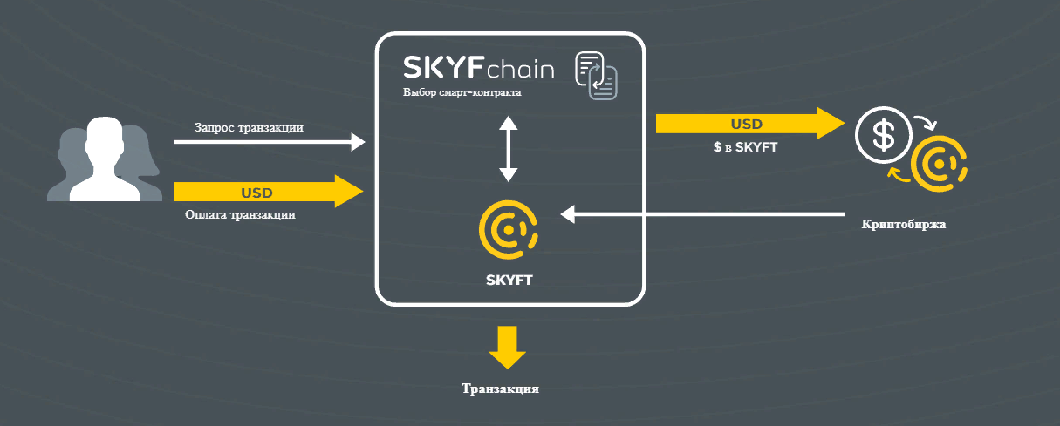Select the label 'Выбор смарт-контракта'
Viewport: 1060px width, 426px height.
pyautogui.click(x=462, y=92)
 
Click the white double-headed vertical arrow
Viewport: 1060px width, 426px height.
pyautogui.click(x=509, y=149)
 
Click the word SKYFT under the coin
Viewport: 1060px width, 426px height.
pyautogui.click(x=509, y=281)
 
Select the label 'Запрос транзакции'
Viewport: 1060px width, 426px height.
pyautogui.click(x=249, y=127)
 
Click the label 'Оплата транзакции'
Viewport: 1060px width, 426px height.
pyautogui.click(x=240, y=214)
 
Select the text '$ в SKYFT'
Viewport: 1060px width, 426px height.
pyautogui.click(x=745, y=148)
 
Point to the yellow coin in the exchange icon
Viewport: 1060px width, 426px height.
pyautogui.click(x=940, y=165)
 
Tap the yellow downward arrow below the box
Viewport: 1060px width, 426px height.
pyautogui.click(x=507, y=347)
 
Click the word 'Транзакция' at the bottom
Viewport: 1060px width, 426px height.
pyautogui.click(x=500, y=389)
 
